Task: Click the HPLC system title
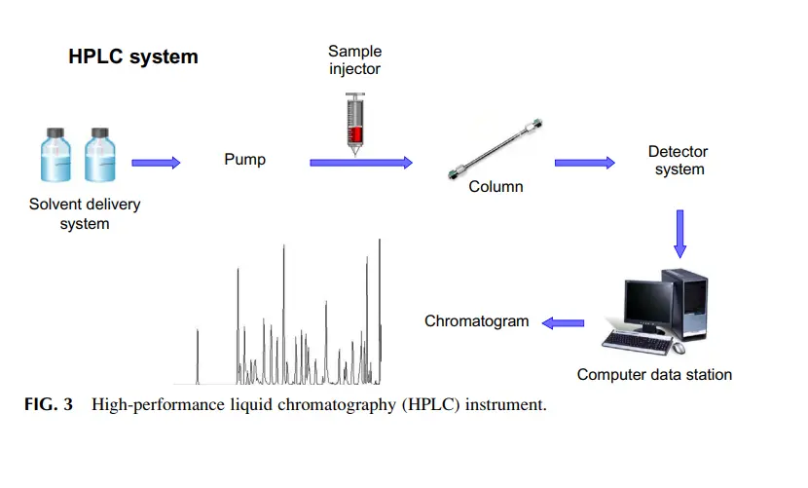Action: coord(133,56)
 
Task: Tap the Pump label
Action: coord(244,160)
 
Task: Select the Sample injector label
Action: coord(355,59)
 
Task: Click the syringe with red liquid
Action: coord(355,124)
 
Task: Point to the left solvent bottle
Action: coord(55,155)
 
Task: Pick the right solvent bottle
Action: coord(100,155)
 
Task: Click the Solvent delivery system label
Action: coord(85,213)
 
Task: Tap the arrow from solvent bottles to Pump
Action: coord(156,163)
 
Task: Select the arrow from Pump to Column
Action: coord(361,163)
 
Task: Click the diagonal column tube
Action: coord(496,149)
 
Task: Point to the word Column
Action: coord(496,186)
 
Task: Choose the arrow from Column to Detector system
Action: coord(585,163)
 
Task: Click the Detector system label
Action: coord(679,161)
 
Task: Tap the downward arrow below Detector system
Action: coord(680,234)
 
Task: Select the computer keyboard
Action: coord(638,343)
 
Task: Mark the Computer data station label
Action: coord(654,374)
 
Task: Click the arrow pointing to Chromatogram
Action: coord(564,323)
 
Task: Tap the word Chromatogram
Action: coord(477,321)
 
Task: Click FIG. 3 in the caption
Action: coord(49,404)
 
